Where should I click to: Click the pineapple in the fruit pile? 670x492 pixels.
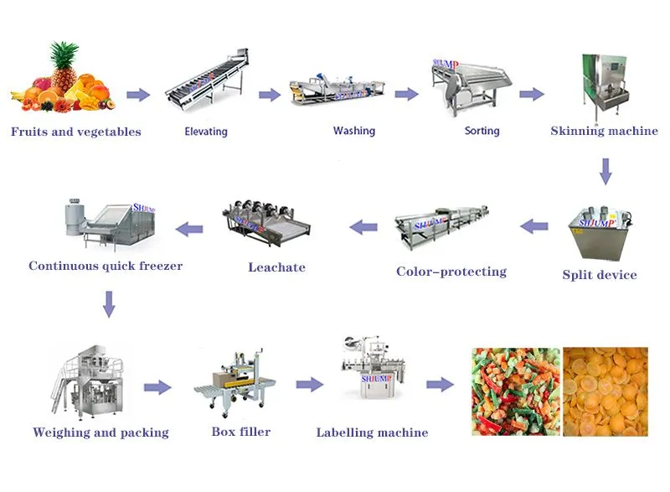[x=64, y=65]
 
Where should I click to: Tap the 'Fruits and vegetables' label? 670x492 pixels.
[x=75, y=132]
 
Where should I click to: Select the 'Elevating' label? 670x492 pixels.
[x=206, y=132]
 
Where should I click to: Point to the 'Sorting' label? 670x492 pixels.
[x=482, y=131]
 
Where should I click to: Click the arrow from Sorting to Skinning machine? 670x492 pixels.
[x=531, y=94]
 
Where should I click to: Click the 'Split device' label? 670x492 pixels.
[x=600, y=275]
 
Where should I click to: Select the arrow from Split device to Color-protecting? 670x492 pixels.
[x=534, y=225]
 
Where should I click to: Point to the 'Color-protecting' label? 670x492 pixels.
[x=451, y=272]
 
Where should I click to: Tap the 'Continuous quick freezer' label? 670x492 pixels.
[x=106, y=267]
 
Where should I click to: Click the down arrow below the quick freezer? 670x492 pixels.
[x=108, y=303]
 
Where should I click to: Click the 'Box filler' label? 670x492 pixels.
[x=241, y=432]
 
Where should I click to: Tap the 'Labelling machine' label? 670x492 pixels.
[x=372, y=433]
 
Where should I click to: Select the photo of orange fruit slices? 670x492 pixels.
[x=606, y=391]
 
